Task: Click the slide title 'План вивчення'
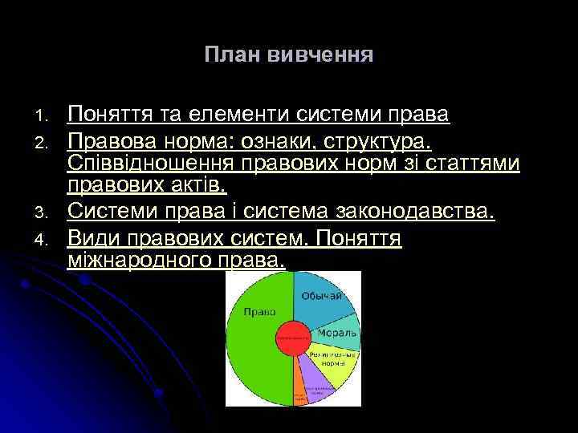point(288,55)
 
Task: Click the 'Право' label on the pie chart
point(259,312)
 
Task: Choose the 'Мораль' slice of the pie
point(332,332)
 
